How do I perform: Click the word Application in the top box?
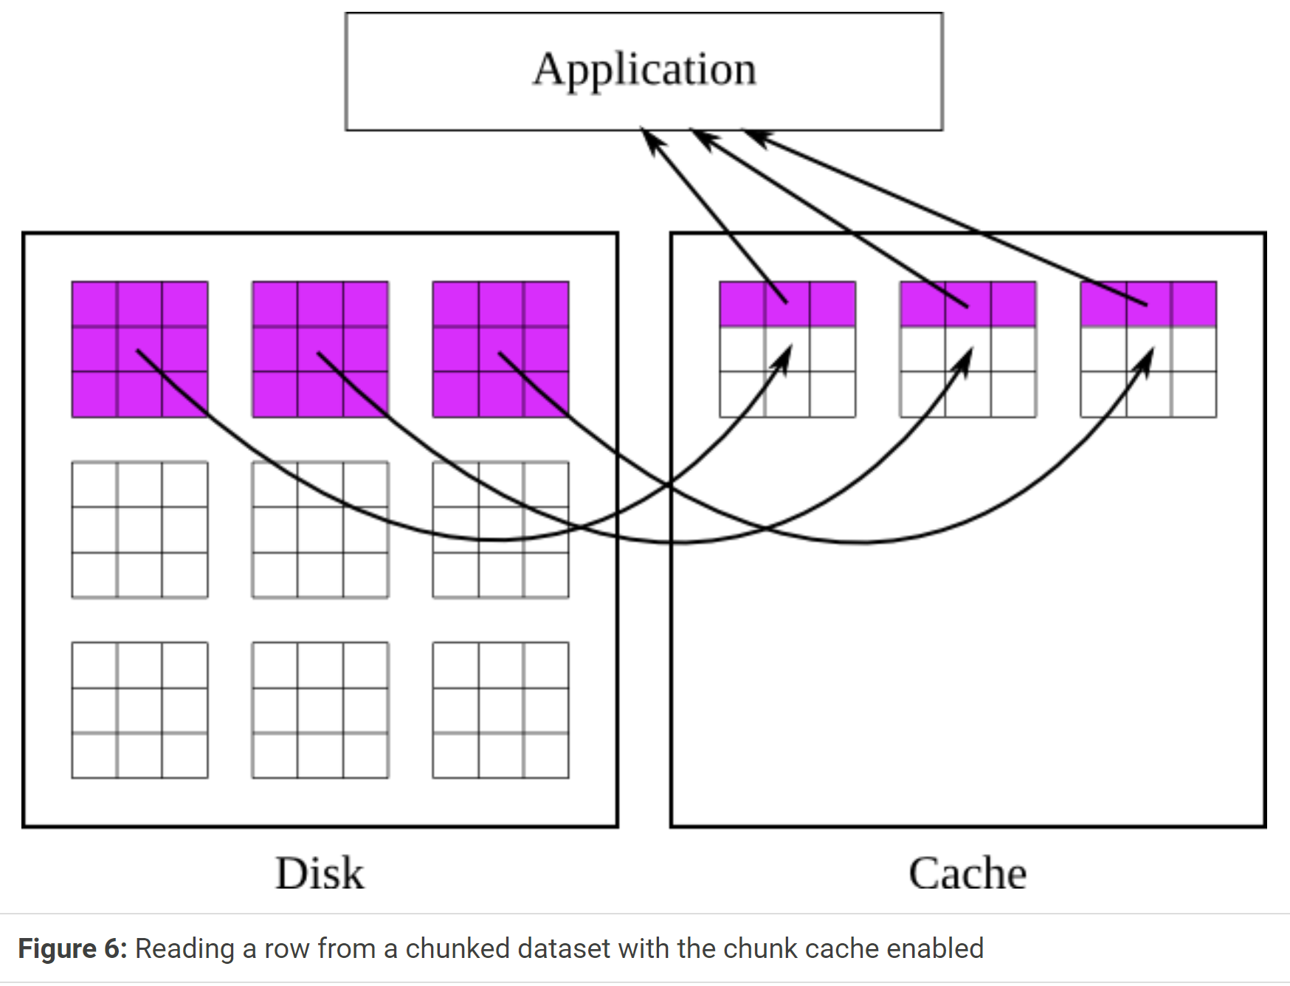tap(644, 71)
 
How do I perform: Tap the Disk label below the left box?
tap(320, 874)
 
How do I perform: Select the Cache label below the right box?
tap(967, 874)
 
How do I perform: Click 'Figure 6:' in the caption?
tap(72, 949)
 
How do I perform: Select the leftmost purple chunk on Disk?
tap(139, 349)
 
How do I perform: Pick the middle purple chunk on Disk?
tap(320, 349)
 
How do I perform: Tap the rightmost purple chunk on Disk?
tap(500, 349)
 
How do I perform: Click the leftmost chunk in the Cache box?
tap(787, 349)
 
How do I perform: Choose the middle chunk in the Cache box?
tap(967, 349)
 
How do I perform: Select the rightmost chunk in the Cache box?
tap(1148, 349)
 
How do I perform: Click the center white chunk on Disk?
tap(320, 529)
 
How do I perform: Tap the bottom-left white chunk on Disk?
tap(139, 710)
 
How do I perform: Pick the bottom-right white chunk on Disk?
tap(500, 710)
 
